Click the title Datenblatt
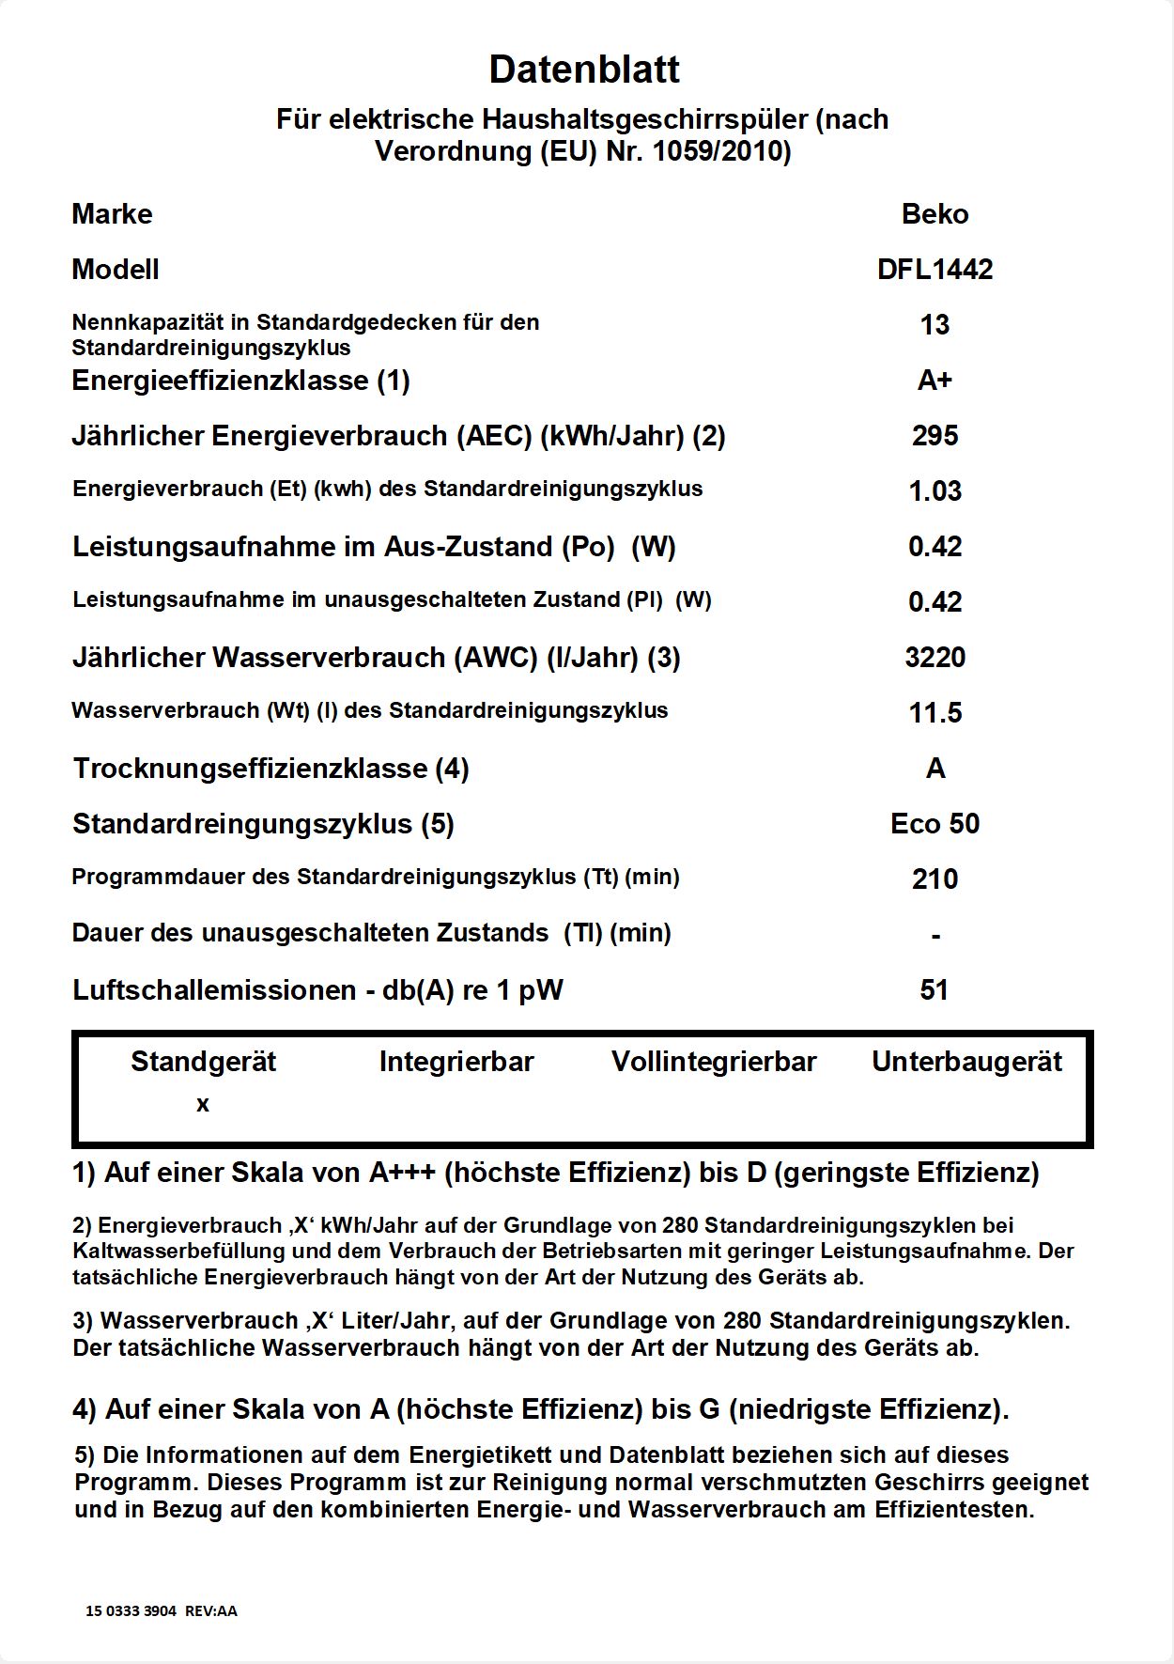coord(584,70)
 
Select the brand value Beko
coord(935,214)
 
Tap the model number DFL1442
coord(935,270)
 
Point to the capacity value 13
coord(935,325)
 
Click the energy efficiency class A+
coord(935,381)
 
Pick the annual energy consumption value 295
coord(935,436)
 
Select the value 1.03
coord(935,491)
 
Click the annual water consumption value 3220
coord(935,658)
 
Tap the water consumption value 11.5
coord(935,713)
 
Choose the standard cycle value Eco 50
coord(935,824)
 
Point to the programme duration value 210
coord(935,879)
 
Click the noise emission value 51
coord(935,990)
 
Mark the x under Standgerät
coord(203,1105)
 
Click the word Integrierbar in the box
coord(456,1062)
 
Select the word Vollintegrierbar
coord(714,1062)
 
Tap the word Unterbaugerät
coord(966,1062)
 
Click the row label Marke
coord(112,214)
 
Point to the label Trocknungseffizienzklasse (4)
coord(270,769)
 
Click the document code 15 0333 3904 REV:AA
coord(162,1610)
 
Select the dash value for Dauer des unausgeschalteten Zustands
coord(935,936)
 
